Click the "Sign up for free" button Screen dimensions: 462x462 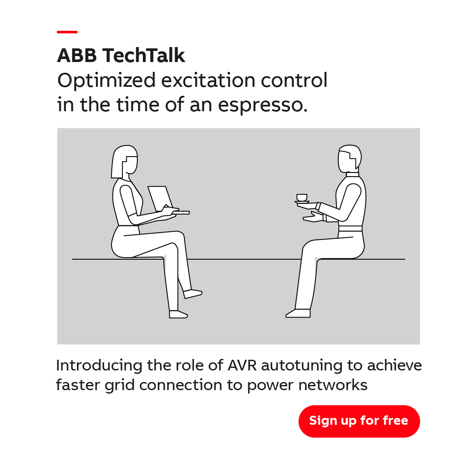tap(359, 421)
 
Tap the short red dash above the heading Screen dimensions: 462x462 tap(67, 32)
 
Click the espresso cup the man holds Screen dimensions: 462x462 tap(302, 197)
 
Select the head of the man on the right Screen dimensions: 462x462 tap(349, 158)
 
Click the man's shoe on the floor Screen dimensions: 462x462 tap(299, 313)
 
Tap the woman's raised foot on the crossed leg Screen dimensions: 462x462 tap(192, 294)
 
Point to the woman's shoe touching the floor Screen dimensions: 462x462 tap(178, 314)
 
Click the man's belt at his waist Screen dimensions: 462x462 tap(350, 228)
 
